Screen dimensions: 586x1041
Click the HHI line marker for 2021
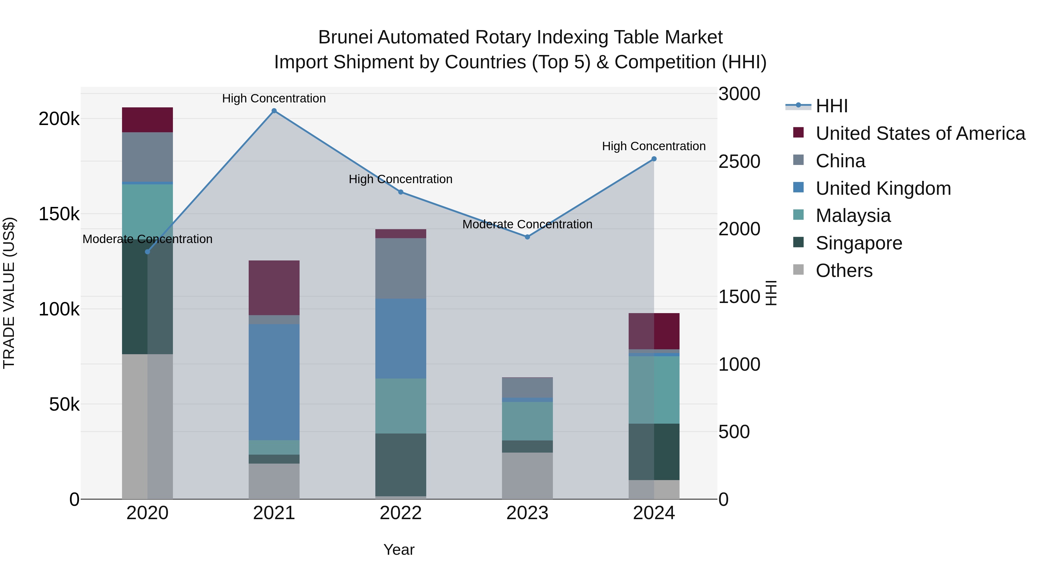tap(274, 111)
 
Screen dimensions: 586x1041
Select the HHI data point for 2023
tap(527, 237)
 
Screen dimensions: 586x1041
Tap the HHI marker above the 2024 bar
tap(654, 159)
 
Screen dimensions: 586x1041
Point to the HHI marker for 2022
tap(401, 192)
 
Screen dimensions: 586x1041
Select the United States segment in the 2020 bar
tap(147, 120)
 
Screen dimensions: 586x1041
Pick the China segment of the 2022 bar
tap(401, 268)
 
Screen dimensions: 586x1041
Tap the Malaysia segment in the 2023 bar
tap(527, 421)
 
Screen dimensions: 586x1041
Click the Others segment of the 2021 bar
tap(274, 481)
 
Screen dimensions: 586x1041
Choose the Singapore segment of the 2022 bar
tap(401, 465)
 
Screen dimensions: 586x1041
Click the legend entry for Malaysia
tap(853, 216)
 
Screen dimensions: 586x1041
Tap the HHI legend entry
tap(831, 106)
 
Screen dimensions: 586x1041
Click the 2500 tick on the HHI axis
tap(739, 161)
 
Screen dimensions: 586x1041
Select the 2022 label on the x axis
tap(401, 513)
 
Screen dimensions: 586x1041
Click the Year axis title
tap(399, 550)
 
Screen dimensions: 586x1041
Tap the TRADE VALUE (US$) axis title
tap(9, 293)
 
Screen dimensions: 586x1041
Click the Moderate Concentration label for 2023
tap(527, 224)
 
